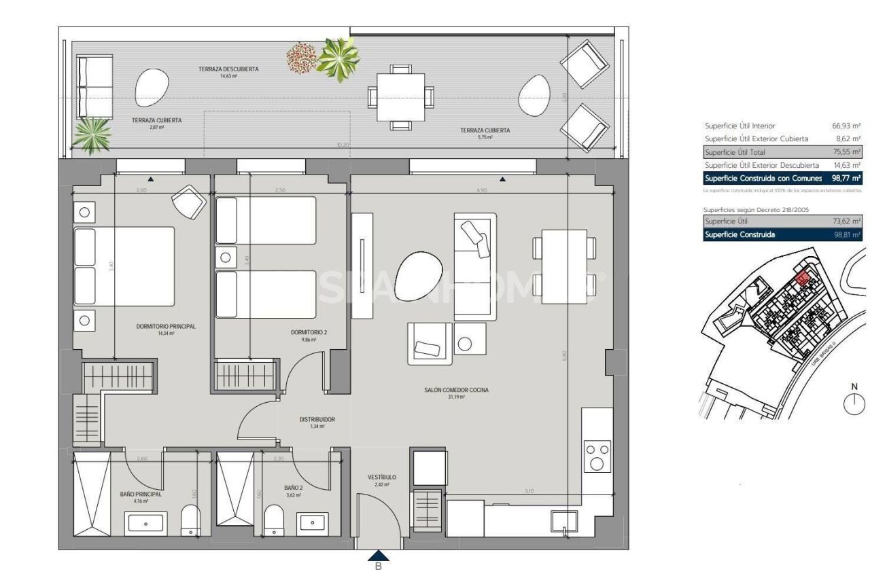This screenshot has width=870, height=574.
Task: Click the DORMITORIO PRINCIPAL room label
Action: [166, 326]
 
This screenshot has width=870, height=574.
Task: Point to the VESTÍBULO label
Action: [382, 477]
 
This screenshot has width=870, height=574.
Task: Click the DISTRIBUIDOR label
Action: [317, 420]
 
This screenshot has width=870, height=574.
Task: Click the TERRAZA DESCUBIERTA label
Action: [228, 69]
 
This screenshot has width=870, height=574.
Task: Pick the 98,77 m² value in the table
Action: [845, 178]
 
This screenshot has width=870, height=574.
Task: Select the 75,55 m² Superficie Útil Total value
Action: [846, 152]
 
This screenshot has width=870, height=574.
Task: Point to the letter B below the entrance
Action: [379, 566]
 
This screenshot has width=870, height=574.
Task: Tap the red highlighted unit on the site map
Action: [802, 277]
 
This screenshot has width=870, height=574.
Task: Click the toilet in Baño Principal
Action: [191, 522]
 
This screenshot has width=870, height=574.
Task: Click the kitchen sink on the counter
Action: [562, 522]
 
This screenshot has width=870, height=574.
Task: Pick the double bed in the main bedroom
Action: [124, 266]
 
